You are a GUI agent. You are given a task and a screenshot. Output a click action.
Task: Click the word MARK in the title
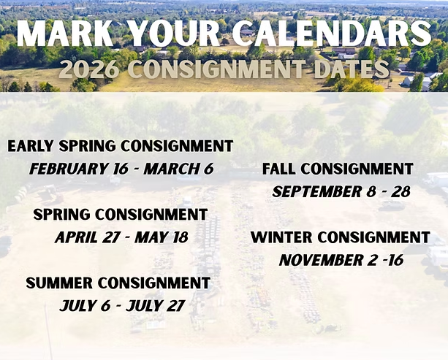click(x=65, y=33)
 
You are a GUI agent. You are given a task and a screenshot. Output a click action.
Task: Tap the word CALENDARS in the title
click(x=331, y=33)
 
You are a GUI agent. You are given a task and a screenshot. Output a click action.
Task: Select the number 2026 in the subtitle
click(x=89, y=69)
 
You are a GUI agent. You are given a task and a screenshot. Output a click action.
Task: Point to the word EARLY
click(x=31, y=146)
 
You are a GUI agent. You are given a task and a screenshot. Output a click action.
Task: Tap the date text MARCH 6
click(x=178, y=169)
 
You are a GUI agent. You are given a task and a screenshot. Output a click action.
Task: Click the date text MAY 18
click(x=162, y=237)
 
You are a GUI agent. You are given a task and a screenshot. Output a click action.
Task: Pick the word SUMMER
click(x=59, y=283)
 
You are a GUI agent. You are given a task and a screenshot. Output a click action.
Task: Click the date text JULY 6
click(x=86, y=306)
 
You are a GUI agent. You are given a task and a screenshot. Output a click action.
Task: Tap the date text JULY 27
click(x=156, y=306)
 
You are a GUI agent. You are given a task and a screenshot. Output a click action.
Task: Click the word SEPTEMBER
click(x=317, y=191)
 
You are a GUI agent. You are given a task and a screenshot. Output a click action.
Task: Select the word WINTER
click(x=281, y=237)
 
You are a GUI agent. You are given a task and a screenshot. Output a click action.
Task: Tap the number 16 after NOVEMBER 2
click(x=395, y=260)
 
